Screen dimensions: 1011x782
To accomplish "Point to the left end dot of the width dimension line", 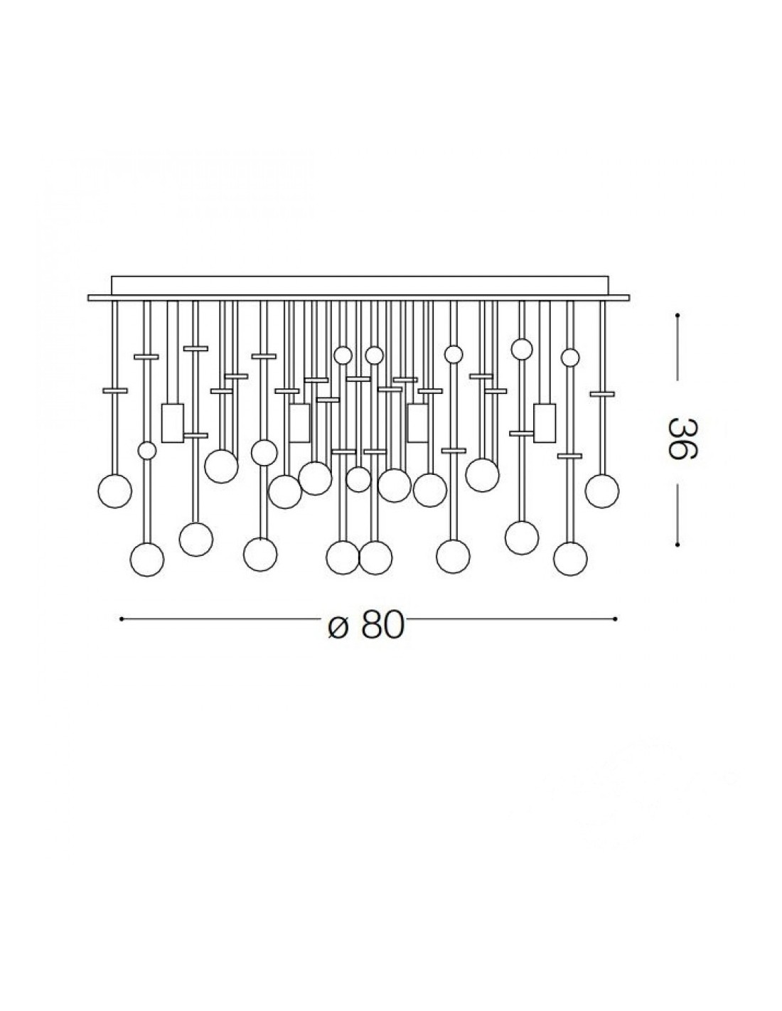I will [x=122, y=619].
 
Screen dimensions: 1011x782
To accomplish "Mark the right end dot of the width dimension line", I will [x=615, y=619].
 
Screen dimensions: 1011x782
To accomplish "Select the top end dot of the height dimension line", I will [x=678, y=315].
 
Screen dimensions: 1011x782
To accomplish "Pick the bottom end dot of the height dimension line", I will [x=678, y=545].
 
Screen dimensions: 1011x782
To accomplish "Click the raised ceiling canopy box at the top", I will [x=359, y=286].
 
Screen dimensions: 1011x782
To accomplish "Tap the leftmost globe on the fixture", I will [x=114, y=491].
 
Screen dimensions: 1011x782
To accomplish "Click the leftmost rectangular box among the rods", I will [x=173, y=423].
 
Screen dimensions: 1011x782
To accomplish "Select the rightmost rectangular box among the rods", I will [x=545, y=423].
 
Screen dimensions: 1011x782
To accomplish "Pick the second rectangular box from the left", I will [x=299, y=423].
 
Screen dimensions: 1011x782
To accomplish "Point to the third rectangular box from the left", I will [x=417, y=423].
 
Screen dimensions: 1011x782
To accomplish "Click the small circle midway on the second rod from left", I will [x=147, y=450].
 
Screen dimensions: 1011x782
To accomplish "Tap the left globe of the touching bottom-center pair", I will [x=343, y=557].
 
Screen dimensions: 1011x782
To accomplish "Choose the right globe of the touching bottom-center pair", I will [x=375, y=557].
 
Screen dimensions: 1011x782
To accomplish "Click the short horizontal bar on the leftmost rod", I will [x=114, y=390].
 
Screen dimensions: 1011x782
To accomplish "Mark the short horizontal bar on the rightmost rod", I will [x=602, y=393].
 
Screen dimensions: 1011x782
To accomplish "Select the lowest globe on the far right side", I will [x=570, y=558].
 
